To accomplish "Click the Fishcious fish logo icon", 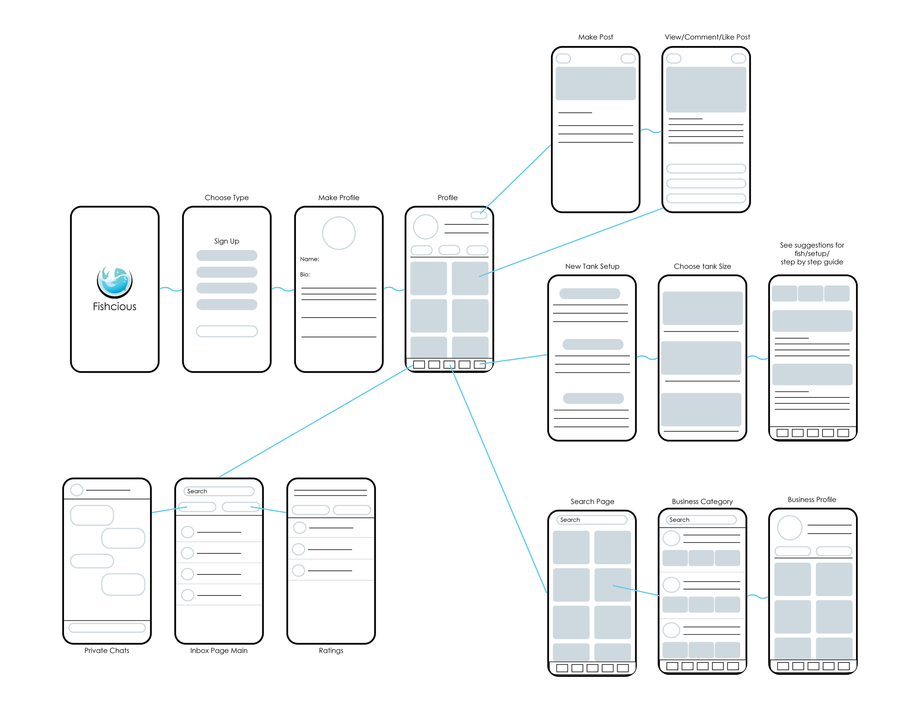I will (x=114, y=282).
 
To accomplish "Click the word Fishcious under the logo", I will (x=114, y=307).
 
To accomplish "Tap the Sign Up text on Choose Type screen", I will (x=227, y=241).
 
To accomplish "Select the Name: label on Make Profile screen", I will (x=309, y=259).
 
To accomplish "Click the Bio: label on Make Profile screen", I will (x=305, y=274).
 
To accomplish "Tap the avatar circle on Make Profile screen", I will (x=339, y=233).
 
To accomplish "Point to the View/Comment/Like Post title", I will (x=707, y=37).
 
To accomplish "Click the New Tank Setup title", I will (x=592, y=266).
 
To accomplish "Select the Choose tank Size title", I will (x=702, y=266).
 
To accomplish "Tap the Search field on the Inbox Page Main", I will (x=219, y=491).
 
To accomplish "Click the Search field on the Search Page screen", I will (x=592, y=520).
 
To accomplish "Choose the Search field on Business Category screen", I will (x=701, y=520).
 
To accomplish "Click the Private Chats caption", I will (x=107, y=650).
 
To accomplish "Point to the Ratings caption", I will (x=331, y=650).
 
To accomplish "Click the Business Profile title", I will (x=812, y=499).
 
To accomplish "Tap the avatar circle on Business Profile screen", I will (x=789, y=528).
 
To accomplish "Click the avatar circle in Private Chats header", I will (x=77, y=490).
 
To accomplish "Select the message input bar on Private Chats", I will (x=107, y=627).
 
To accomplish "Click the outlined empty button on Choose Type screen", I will (x=227, y=331).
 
